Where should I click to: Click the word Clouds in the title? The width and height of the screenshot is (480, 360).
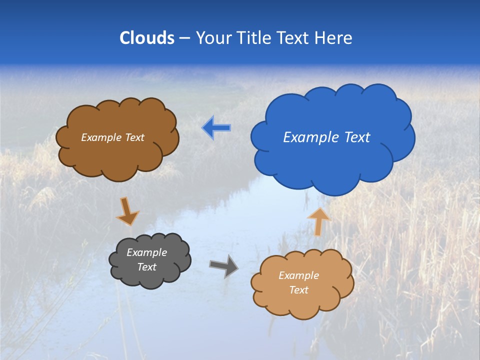[147, 38]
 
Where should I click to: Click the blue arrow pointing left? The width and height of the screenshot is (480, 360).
[216, 128]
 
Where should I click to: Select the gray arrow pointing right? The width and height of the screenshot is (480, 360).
[224, 266]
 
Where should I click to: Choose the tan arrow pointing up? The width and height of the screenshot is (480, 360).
[318, 221]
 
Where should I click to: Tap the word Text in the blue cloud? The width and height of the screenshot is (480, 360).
[357, 137]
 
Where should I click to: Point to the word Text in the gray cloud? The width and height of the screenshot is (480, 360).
[146, 267]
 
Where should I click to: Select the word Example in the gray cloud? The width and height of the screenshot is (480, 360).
[146, 252]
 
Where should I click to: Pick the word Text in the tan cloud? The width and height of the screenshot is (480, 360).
[298, 290]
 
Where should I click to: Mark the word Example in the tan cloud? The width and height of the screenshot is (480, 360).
[298, 275]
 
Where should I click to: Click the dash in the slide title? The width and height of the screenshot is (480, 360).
[185, 38]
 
